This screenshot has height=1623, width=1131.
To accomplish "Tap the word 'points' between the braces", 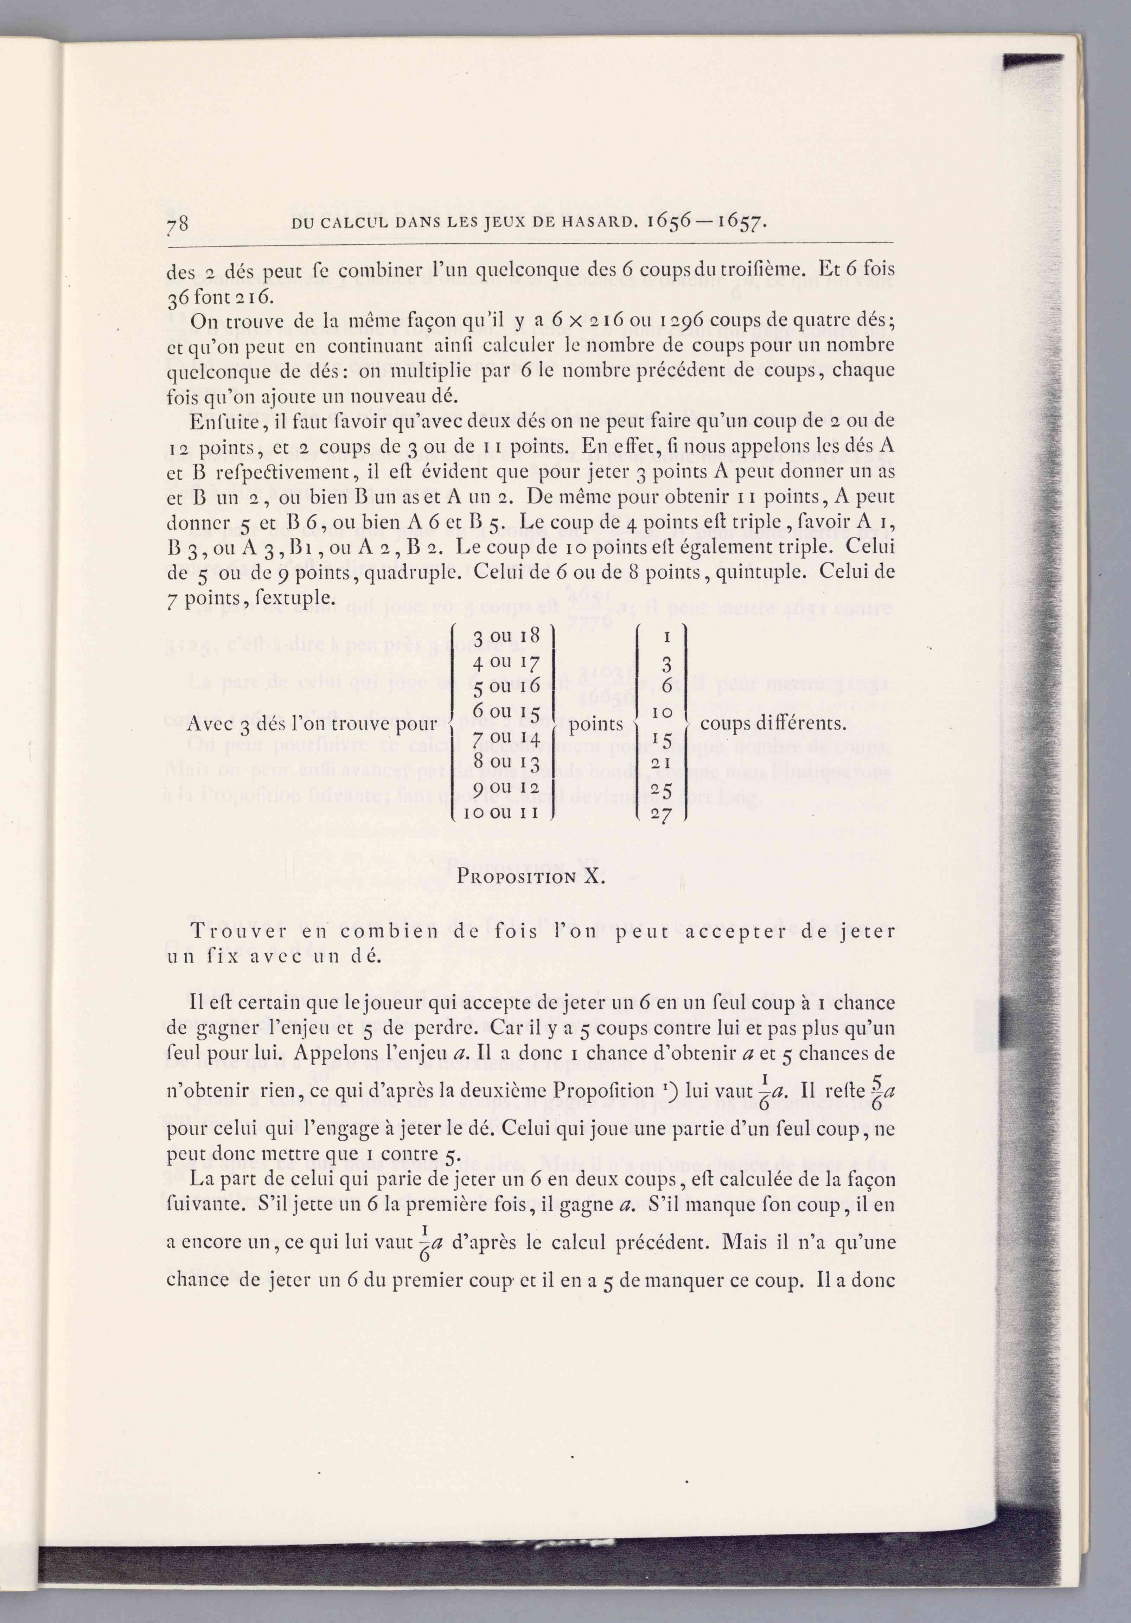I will coord(596,724).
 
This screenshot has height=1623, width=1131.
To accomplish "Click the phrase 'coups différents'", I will coord(773,724).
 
